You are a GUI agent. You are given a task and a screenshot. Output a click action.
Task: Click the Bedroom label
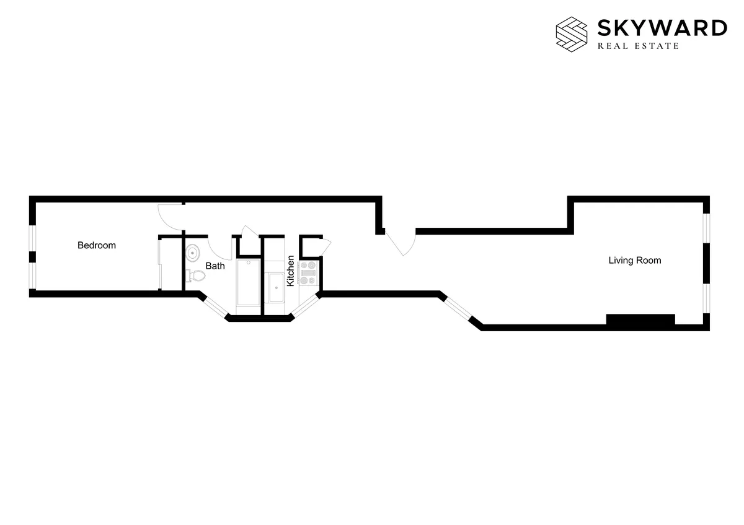point(96,245)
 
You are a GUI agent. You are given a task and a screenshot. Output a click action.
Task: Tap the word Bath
point(215,266)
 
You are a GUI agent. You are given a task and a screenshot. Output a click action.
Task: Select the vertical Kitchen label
point(290,271)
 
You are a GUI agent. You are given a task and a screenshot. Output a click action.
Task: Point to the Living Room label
point(634,261)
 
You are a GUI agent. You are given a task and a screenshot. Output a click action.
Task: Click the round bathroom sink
point(193,253)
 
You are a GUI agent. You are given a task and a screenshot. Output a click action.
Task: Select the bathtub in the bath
point(249,282)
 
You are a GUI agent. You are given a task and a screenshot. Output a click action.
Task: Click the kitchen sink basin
point(276,289)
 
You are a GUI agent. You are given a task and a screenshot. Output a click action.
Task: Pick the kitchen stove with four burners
point(309,272)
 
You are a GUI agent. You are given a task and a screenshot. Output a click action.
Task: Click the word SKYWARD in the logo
point(662,28)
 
